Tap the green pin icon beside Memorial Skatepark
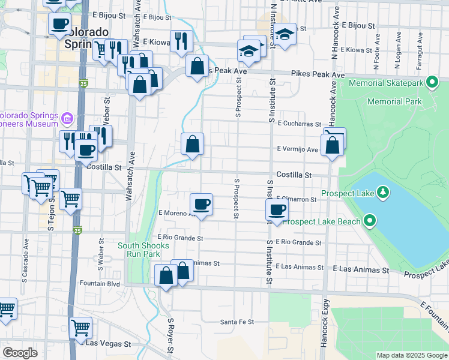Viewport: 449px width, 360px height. (x=431, y=83)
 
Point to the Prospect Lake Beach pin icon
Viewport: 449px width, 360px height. (x=370, y=221)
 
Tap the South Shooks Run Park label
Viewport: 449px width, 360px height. (x=143, y=250)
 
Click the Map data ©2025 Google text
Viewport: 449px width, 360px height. (x=411, y=355)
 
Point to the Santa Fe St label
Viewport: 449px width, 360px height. (x=237, y=322)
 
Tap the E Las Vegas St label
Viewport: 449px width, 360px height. (x=108, y=344)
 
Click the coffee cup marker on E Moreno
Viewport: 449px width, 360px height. (x=201, y=205)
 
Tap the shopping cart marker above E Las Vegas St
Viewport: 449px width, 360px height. (x=80, y=327)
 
